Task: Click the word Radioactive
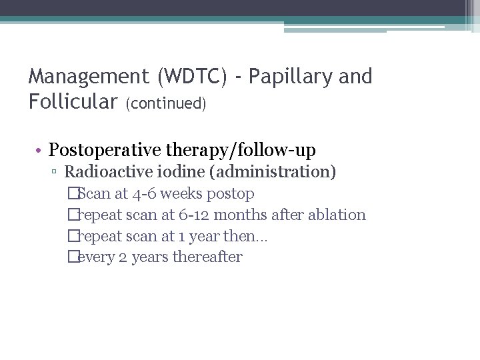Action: (101, 172)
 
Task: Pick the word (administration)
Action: (273, 172)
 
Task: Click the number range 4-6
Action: (147, 194)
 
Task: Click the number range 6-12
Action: (190, 215)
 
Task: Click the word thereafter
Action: (207, 257)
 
